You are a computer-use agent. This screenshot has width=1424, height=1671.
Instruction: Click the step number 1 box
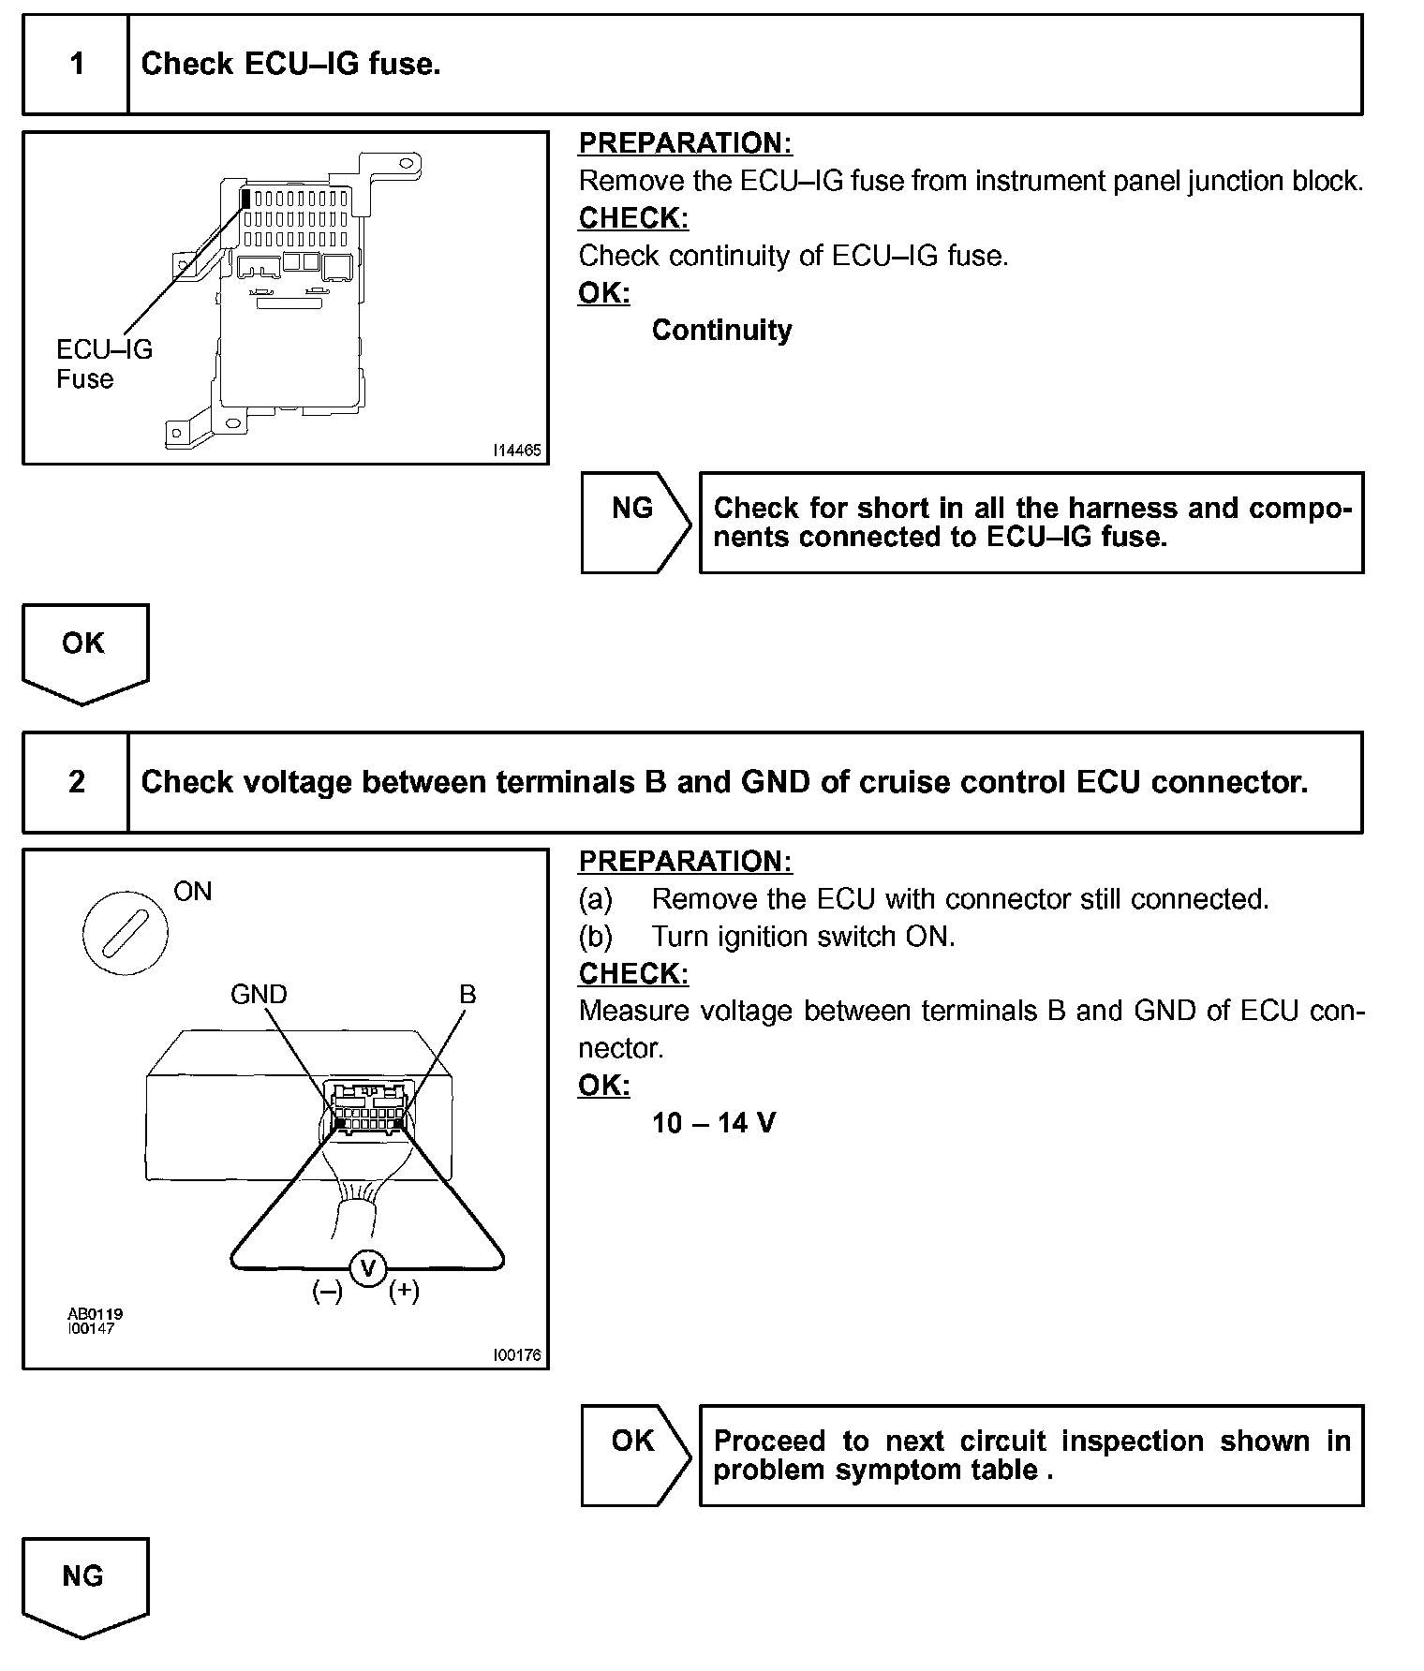tap(76, 65)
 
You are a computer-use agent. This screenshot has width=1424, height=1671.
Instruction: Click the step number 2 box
tap(76, 782)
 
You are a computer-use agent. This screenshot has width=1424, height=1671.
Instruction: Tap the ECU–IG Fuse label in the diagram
tap(103, 363)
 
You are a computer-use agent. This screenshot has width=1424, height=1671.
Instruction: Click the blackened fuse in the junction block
tap(246, 199)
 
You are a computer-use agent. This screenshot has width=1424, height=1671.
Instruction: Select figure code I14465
tap(516, 451)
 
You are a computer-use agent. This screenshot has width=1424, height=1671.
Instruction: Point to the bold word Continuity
tap(721, 330)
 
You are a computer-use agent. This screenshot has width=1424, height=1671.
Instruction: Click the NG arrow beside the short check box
tap(633, 521)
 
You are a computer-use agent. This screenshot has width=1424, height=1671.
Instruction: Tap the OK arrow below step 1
tap(84, 652)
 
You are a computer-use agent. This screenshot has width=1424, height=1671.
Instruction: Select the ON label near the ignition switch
tap(193, 891)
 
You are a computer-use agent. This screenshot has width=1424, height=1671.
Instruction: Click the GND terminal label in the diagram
tap(259, 994)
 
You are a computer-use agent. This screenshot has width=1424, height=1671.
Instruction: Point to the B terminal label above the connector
tap(467, 994)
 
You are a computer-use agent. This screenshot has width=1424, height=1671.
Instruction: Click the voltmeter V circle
tap(368, 1268)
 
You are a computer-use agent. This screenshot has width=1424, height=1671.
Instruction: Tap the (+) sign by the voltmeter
tap(405, 1291)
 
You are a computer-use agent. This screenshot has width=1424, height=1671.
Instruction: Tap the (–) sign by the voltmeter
tap(328, 1291)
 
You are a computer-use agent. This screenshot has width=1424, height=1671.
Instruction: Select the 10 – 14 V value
tap(714, 1122)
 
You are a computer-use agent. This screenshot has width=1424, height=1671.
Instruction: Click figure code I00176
tap(516, 1355)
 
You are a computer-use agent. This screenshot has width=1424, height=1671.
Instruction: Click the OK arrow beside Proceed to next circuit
tap(633, 1454)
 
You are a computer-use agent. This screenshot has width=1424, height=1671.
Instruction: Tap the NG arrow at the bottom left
tap(84, 1585)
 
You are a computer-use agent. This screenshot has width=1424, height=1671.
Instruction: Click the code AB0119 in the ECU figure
tap(95, 1313)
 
